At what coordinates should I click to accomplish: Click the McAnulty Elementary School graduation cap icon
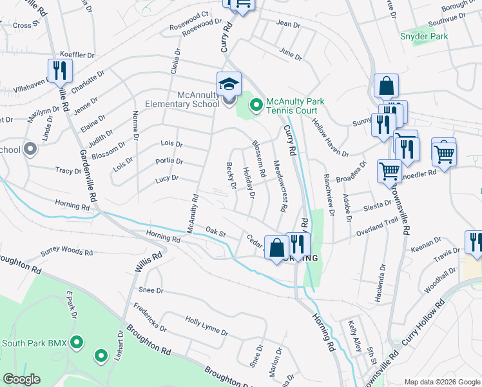tap(229, 84)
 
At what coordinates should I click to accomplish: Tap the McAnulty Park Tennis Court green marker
tap(256, 104)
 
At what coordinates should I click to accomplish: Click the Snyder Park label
tap(424, 37)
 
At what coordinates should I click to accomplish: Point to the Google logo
tap(21, 379)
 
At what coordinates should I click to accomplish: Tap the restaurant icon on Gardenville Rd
tap(59, 72)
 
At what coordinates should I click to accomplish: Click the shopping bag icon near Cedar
tap(276, 248)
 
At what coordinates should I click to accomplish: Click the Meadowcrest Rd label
tap(279, 186)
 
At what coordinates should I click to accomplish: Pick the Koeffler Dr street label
tap(77, 55)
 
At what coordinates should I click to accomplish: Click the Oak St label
tap(214, 231)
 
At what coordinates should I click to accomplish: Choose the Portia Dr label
tap(169, 161)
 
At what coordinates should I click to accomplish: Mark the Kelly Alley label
tap(353, 336)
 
